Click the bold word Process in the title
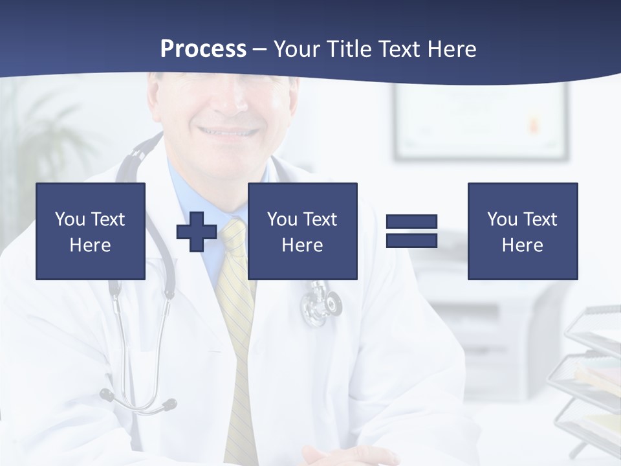203,49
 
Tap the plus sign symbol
197,231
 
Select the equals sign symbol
411,231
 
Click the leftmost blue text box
91,231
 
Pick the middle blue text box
302,231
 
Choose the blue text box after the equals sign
522,231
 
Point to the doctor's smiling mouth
228,131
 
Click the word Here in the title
453,49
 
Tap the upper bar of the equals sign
411,222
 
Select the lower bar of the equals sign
411,240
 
